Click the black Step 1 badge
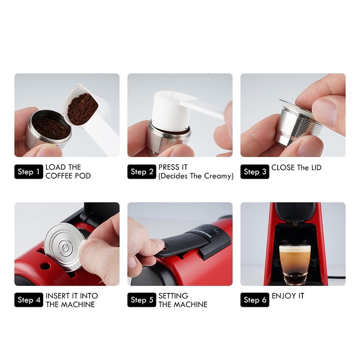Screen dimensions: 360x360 coord(29,171)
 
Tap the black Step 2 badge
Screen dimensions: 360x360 coord(142,171)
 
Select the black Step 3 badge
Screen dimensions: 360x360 coord(255,171)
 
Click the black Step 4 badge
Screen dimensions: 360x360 coord(29,300)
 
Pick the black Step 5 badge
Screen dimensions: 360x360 coord(142,300)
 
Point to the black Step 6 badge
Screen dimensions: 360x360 coord(255,300)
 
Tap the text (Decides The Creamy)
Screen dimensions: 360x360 coord(196,176)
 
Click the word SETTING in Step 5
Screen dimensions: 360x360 coord(173,296)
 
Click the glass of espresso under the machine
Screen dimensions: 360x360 coord(295,263)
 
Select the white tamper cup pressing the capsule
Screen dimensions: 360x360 coord(166,108)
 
